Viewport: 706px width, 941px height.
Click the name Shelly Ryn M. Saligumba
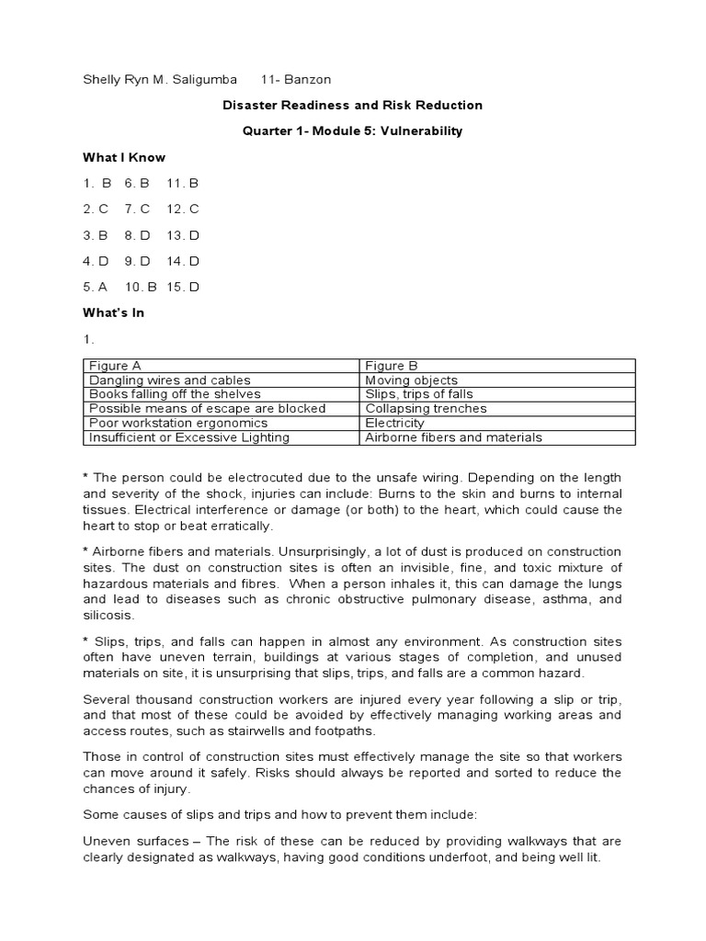pyautogui.click(x=157, y=79)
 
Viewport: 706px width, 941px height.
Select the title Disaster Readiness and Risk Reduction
pyautogui.click(x=352, y=106)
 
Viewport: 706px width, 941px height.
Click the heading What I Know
pyautogui.click(x=124, y=157)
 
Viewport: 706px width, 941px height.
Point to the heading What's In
pyautogui.click(x=114, y=312)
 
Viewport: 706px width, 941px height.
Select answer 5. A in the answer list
pyautogui.click(x=97, y=287)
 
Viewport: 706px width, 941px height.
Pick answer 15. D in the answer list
pyautogui.click(x=183, y=287)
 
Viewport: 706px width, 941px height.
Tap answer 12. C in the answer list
pyautogui.click(x=183, y=209)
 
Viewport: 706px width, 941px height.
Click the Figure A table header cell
pyautogui.click(x=115, y=366)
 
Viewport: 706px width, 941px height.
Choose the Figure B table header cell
pyautogui.click(x=392, y=366)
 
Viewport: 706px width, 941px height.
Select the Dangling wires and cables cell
pyautogui.click(x=169, y=380)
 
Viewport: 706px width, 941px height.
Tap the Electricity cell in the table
pyautogui.click(x=395, y=423)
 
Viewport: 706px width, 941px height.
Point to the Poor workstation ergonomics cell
pyautogui.click(x=178, y=423)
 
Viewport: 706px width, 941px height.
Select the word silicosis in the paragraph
pyautogui.click(x=108, y=615)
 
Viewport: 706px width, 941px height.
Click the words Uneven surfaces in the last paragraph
pyautogui.click(x=134, y=840)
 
